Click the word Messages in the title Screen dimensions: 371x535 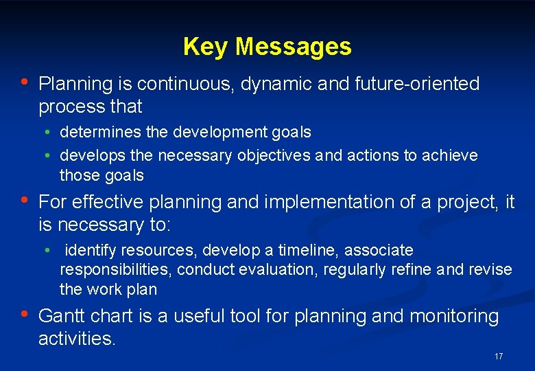coord(294,47)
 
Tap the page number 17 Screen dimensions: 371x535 coord(498,357)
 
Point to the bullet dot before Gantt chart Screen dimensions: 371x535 coord(25,315)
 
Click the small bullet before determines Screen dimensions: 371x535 coord(50,133)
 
